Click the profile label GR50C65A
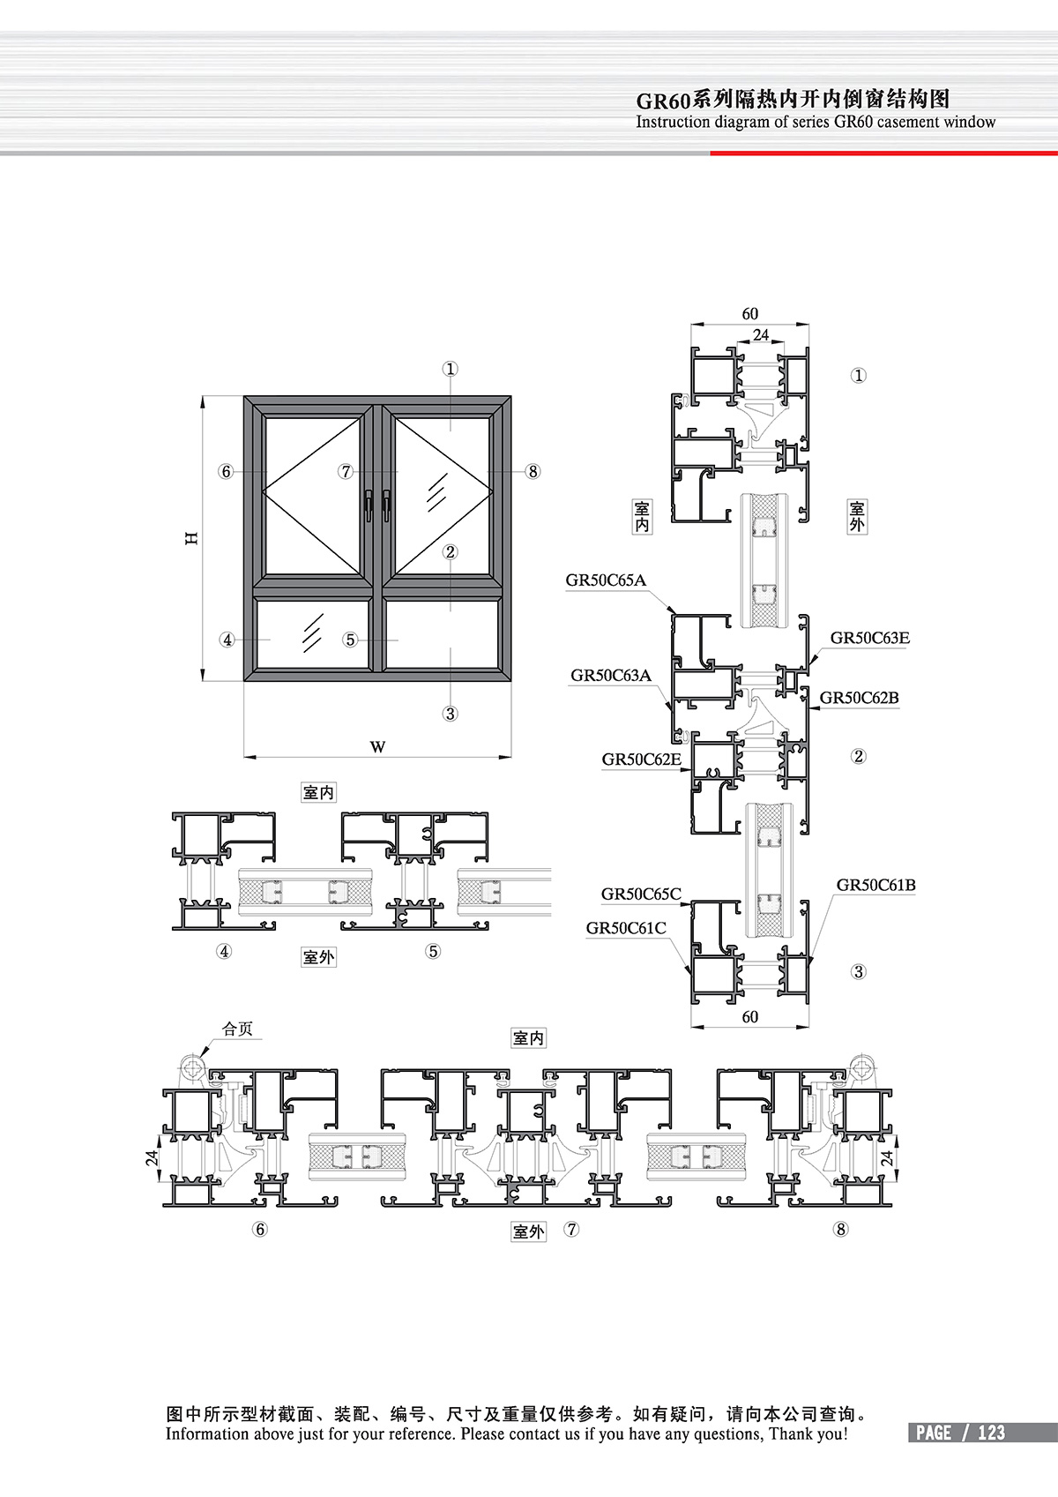coord(606,580)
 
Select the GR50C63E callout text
coord(869,638)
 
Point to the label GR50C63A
coord(610,675)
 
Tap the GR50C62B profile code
coord(859,698)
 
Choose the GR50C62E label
coord(641,760)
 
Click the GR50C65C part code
coord(641,894)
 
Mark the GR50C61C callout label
coord(626,928)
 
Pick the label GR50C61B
coord(875,885)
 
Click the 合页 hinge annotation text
coord(237,1029)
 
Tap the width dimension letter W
coord(377,746)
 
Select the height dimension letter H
coord(191,538)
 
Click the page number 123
coord(991,1433)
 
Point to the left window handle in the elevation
coord(368,505)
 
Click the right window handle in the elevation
coord(386,505)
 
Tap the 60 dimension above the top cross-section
coord(750,313)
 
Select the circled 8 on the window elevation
coord(533,471)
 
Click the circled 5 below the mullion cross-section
coord(433,951)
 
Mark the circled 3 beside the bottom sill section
coord(858,971)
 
